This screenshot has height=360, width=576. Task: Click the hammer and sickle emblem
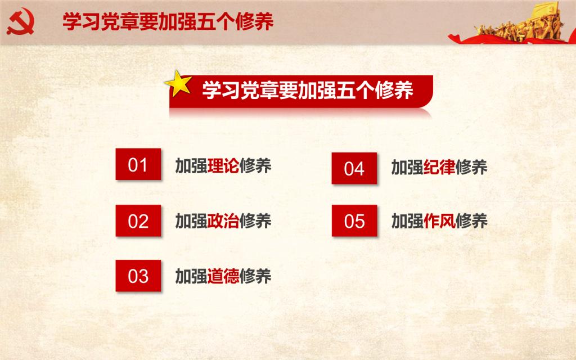(20, 21)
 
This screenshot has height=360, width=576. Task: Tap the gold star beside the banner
(179, 83)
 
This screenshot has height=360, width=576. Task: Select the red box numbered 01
(138, 164)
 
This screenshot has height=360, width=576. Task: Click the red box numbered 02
(138, 220)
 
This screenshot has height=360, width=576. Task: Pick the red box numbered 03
(138, 276)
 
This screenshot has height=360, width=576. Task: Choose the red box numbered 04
(354, 168)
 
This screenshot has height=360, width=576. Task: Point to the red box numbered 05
(354, 220)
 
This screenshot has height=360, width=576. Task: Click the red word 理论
(223, 166)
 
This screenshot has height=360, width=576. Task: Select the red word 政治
(223, 221)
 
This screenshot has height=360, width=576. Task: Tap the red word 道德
(223, 276)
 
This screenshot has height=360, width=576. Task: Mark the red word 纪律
(439, 167)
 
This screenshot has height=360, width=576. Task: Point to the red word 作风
(439, 221)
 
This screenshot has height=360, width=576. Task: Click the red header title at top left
(168, 21)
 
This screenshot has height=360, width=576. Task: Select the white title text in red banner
(308, 90)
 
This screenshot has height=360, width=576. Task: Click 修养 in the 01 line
(255, 166)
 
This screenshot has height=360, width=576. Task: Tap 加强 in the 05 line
(407, 221)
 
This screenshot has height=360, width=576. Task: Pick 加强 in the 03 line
(191, 276)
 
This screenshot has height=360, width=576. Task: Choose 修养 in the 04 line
(471, 167)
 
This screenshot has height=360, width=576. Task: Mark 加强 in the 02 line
(191, 221)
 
